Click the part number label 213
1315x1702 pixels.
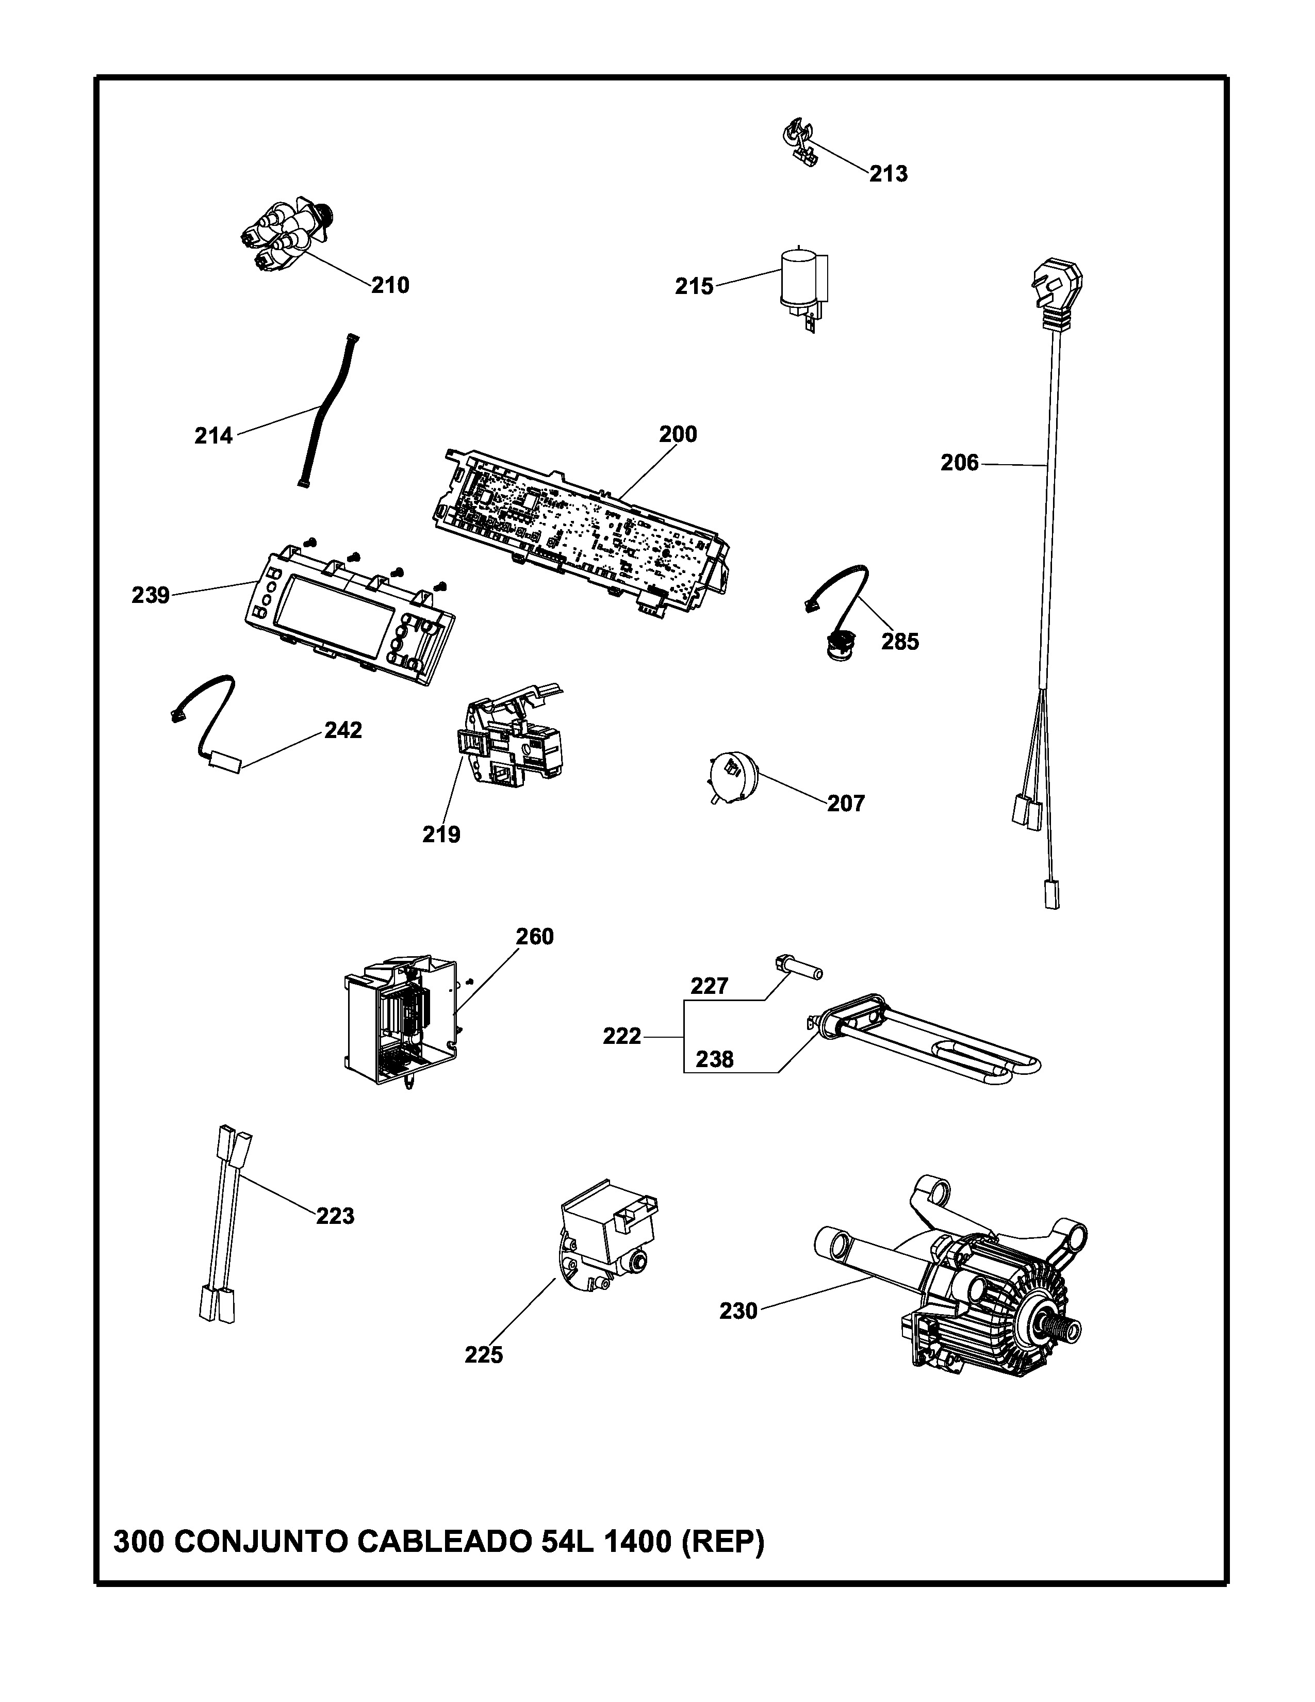(x=889, y=174)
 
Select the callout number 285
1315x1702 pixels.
(x=900, y=642)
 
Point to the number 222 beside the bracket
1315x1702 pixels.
(x=622, y=1037)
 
